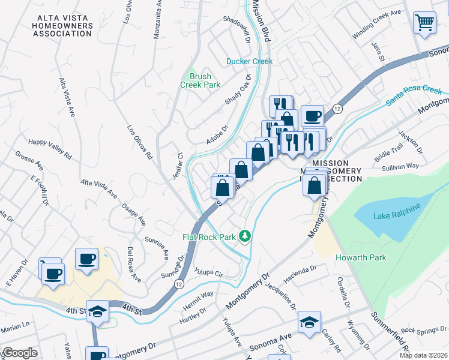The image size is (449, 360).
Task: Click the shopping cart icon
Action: pos(425,23)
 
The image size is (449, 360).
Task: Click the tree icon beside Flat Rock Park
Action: pos(244,236)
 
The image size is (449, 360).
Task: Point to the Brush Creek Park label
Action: pos(200,80)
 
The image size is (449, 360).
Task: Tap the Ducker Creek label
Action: pos(249,61)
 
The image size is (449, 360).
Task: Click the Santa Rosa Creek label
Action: pos(414,95)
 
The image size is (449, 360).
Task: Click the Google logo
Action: pos(19,353)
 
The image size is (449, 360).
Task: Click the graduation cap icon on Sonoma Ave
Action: pos(310,322)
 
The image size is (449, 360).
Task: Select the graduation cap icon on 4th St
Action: pos(97,311)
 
